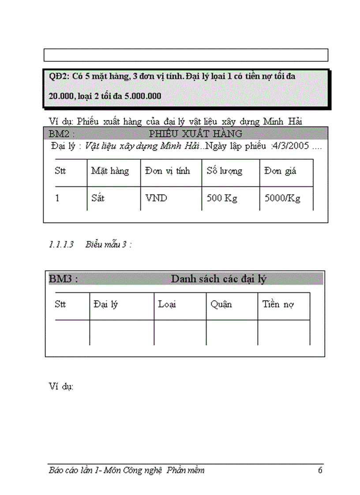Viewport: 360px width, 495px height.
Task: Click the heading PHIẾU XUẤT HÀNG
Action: point(195,134)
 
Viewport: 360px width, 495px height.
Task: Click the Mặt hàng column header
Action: point(110,171)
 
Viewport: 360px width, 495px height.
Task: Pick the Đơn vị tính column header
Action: point(167,171)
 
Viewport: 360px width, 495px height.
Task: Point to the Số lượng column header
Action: point(224,171)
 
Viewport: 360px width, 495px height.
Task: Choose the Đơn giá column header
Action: point(280,171)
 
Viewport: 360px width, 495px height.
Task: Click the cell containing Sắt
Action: point(98,198)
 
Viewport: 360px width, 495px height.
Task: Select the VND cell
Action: point(156,198)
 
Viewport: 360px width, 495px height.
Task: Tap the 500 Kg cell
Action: point(221,198)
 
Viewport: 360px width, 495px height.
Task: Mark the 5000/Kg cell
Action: point(282,198)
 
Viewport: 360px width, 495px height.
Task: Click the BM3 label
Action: point(63,279)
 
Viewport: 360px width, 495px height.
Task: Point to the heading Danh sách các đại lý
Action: point(218,279)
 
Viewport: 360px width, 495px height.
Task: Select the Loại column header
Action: point(167,304)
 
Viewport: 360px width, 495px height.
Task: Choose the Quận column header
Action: point(221,304)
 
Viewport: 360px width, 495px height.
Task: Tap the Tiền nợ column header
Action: point(278,304)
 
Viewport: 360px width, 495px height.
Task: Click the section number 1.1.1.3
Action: point(61,245)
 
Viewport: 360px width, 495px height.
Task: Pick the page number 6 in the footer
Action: point(320,470)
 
